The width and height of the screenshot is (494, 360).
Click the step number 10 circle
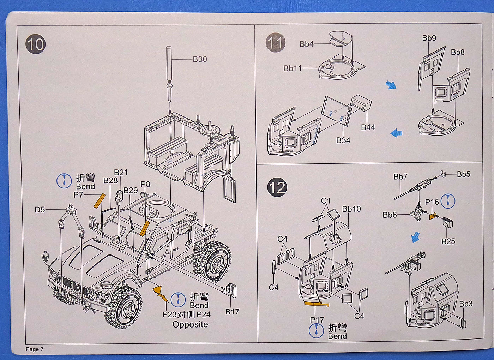click(x=35, y=44)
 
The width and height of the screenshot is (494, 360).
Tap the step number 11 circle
click(x=276, y=43)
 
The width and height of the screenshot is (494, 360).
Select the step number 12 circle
click(x=277, y=187)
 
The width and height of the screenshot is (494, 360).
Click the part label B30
click(x=200, y=59)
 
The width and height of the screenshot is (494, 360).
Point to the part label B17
click(x=232, y=312)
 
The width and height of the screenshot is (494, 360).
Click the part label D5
click(x=40, y=210)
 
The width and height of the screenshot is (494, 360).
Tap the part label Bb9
click(x=429, y=38)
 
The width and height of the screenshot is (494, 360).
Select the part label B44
click(x=368, y=127)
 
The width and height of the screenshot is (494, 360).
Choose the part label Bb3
click(x=466, y=304)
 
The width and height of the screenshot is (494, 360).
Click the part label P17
click(x=317, y=319)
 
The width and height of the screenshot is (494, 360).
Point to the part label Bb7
click(x=400, y=176)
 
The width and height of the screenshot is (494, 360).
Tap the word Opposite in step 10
click(x=190, y=324)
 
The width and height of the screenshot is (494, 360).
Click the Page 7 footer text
click(x=35, y=349)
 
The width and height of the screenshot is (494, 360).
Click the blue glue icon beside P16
click(x=448, y=201)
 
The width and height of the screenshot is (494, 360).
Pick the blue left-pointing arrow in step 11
click(x=396, y=133)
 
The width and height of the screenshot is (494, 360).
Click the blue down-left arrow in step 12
click(x=416, y=238)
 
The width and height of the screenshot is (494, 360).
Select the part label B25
click(x=448, y=241)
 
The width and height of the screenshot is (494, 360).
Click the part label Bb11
click(x=293, y=68)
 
